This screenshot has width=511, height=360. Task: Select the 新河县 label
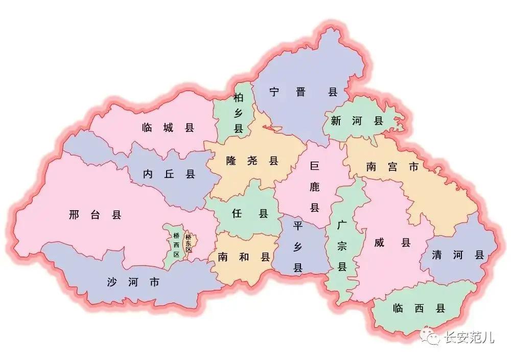click(357, 121)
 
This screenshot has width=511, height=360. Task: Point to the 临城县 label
click(168, 128)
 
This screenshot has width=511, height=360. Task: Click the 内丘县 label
click(169, 174)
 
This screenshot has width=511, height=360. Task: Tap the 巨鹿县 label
click(314, 187)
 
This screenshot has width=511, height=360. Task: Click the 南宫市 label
click(392, 167)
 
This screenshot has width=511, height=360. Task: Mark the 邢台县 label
click(95, 215)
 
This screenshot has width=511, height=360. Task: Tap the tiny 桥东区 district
click(189, 243)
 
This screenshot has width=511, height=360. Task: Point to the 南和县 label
click(244, 257)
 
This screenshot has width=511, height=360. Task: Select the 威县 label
click(392, 243)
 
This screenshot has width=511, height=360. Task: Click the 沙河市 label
click(133, 282)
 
